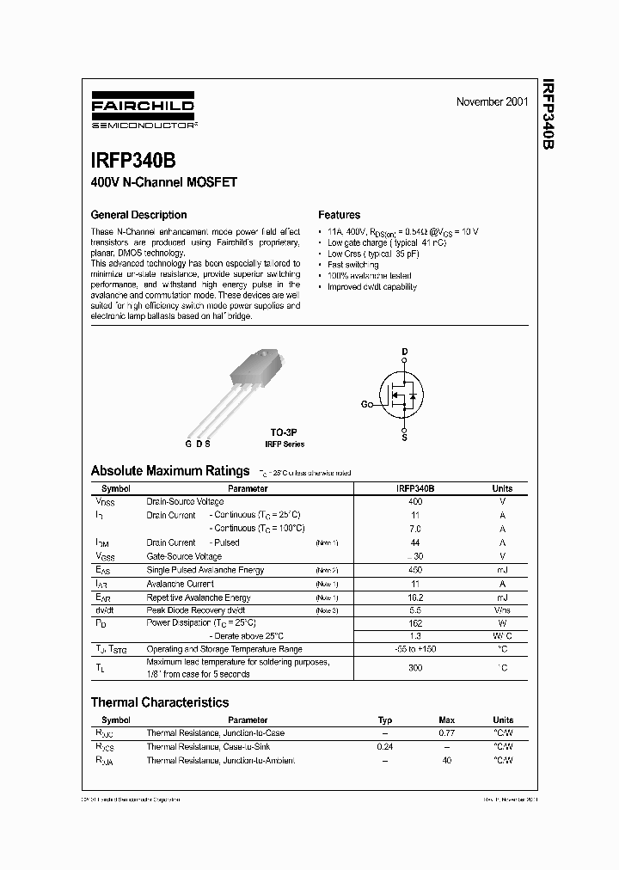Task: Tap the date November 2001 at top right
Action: (x=492, y=101)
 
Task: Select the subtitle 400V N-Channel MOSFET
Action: (x=163, y=182)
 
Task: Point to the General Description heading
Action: (x=138, y=215)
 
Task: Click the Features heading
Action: (x=339, y=215)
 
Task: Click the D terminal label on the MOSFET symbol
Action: (x=404, y=352)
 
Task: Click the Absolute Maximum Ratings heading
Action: (x=170, y=471)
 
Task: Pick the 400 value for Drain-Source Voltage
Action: (x=415, y=501)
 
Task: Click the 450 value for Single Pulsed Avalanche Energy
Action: (x=415, y=570)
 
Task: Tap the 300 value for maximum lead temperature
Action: (x=415, y=668)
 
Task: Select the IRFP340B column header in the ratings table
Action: (x=415, y=488)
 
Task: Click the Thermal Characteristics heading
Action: (x=160, y=702)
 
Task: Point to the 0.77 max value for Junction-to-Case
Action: (x=447, y=733)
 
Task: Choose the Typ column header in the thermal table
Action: (x=385, y=720)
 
